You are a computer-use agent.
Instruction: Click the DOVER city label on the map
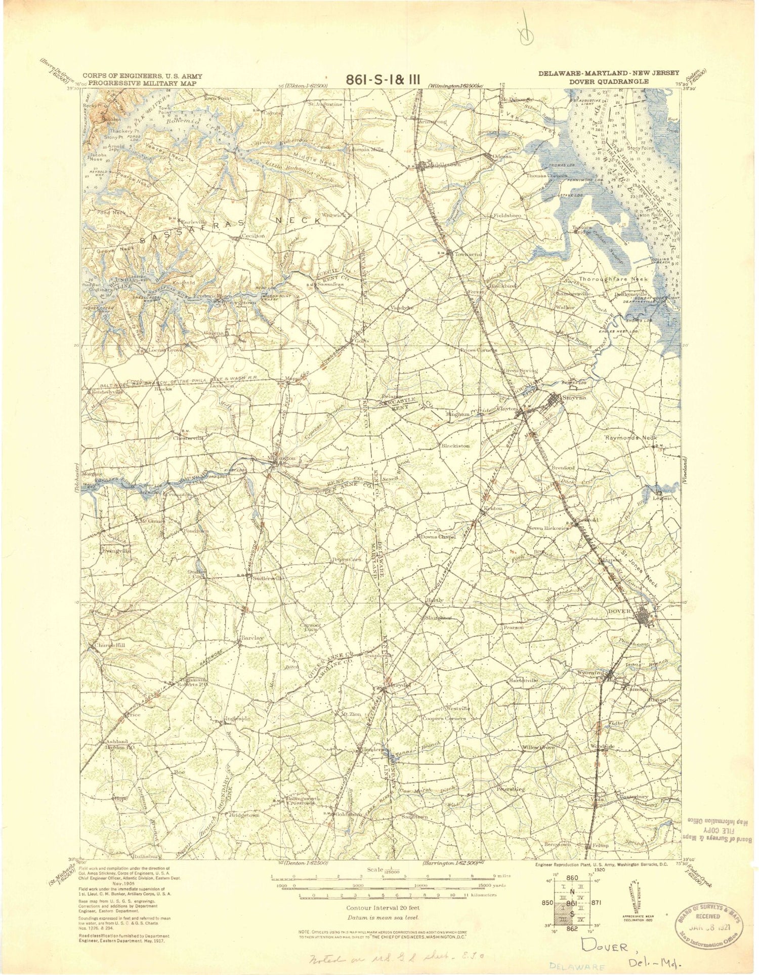tap(621, 611)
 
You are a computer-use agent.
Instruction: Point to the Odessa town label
tap(503, 157)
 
